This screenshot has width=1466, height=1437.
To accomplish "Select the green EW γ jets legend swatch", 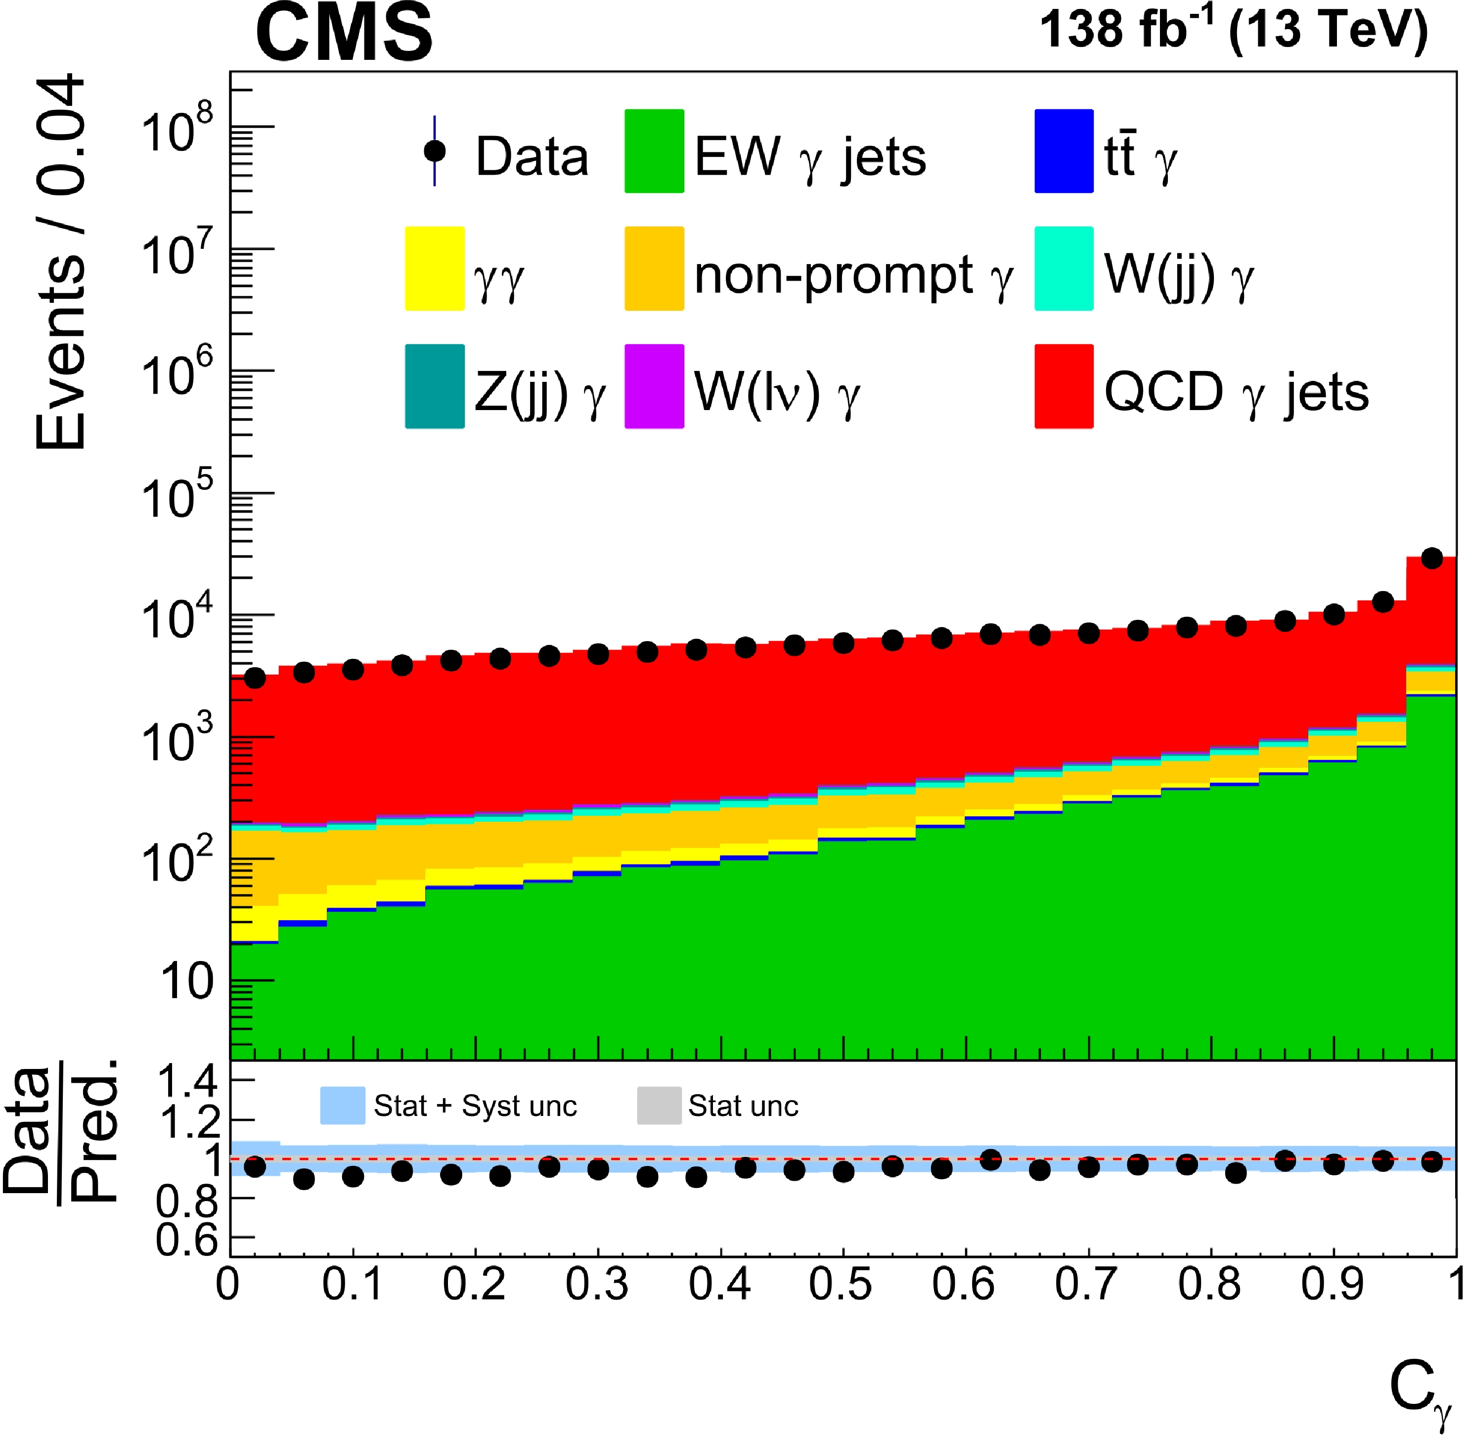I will [x=654, y=151].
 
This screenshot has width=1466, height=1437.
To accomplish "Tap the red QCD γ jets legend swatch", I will [x=1063, y=386].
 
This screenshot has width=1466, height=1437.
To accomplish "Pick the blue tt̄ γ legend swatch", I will [x=1063, y=151].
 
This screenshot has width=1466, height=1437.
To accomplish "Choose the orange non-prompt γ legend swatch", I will [x=654, y=269].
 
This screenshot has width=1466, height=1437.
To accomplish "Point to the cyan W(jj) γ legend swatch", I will [x=1063, y=269].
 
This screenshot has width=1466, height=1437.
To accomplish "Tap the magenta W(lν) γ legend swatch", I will [x=654, y=386].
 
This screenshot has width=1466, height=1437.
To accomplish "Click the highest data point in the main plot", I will [x=1431, y=558].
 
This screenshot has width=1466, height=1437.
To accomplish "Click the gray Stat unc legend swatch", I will [x=659, y=1106].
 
